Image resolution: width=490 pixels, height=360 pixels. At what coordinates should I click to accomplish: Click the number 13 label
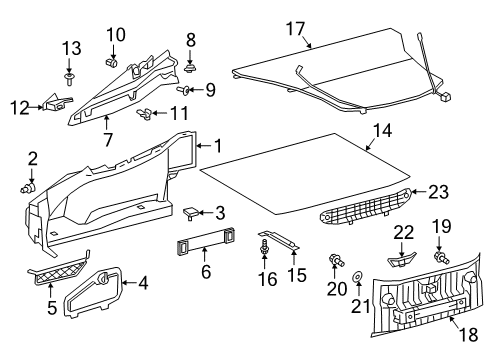click(x=69, y=49)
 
